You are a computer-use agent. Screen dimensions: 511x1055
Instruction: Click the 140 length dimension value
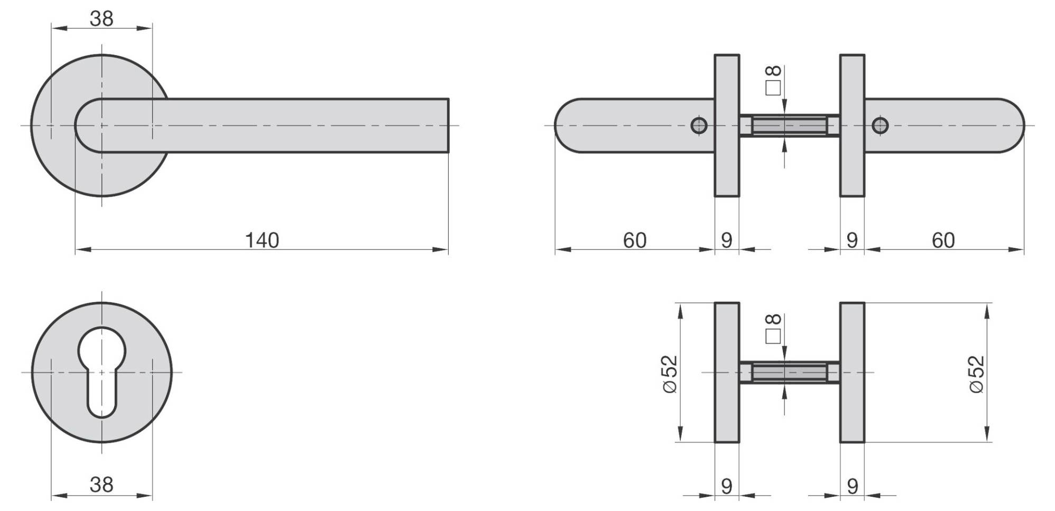(262, 240)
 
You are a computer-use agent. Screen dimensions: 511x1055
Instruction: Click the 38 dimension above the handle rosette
(101, 18)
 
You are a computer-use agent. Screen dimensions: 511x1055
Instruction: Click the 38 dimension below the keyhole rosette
(101, 484)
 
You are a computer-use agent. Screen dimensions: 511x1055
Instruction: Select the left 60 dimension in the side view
(634, 240)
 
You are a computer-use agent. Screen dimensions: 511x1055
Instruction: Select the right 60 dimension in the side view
(943, 240)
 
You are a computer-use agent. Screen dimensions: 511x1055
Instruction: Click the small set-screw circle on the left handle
(699, 126)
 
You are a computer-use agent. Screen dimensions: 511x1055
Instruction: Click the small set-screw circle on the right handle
(880, 126)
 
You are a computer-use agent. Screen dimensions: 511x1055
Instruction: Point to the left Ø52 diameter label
(669, 373)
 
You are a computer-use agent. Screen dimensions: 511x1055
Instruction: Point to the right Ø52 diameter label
(977, 373)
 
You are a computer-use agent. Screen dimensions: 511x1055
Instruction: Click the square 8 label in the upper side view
(773, 80)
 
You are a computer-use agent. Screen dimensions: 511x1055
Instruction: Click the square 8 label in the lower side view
(773, 328)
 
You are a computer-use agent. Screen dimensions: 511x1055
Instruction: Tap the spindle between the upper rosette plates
(789, 126)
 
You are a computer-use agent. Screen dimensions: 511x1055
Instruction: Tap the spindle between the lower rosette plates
(789, 373)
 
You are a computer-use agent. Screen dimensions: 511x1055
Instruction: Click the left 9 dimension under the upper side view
(727, 240)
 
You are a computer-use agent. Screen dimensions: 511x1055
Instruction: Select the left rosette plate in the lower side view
(727, 373)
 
